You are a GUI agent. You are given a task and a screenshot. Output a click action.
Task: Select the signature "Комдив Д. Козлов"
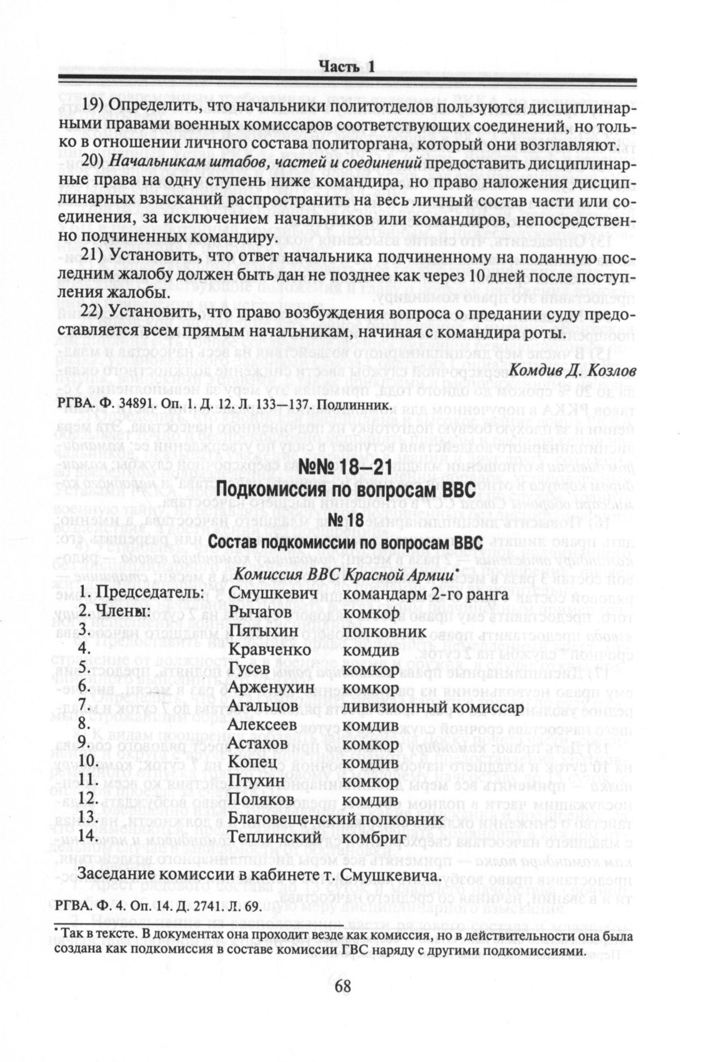573,371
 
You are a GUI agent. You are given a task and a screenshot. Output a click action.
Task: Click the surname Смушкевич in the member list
274,593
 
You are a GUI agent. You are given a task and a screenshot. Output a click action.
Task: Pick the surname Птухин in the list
257,781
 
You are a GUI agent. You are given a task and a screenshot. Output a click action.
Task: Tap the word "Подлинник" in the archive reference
359,406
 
